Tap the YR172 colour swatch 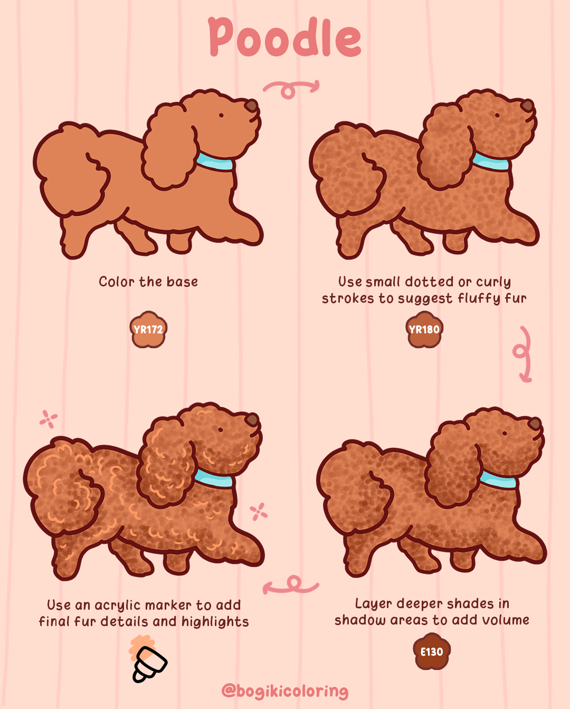[148, 330]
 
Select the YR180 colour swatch [424, 330]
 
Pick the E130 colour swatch [432, 652]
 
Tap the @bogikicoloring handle [285, 691]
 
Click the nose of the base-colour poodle [252, 106]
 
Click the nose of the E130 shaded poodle [535, 424]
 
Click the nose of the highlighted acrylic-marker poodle [252, 420]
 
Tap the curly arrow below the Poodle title [291, 89]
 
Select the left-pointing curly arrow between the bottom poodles [290, 585]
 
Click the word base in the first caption [182, 282]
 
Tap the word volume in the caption [505, 620]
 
